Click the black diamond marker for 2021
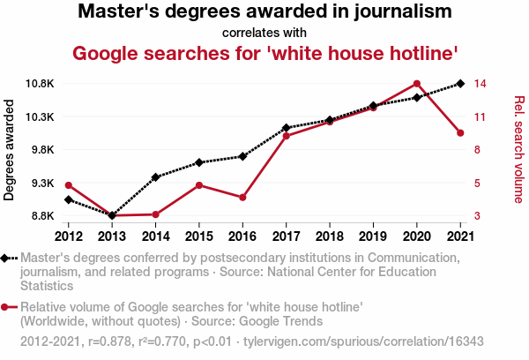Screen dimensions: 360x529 [459, 84]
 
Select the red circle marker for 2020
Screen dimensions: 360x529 [416, 84]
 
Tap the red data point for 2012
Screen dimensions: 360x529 [69, 184]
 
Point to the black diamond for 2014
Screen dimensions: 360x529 [155, 177]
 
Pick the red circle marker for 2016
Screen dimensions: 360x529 [242, 197]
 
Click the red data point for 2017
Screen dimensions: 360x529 [286, 136]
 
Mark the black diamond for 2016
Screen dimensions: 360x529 [242, 156]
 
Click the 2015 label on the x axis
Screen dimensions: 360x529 [199, 236]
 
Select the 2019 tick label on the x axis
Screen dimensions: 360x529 [373, 236]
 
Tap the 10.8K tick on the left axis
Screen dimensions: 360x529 [39, 84]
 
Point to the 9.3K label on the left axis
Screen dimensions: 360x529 [41, 184]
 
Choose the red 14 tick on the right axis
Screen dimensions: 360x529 [481, 84]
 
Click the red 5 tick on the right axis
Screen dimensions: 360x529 [477, 184]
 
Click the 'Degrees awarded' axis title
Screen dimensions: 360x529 [10, 150]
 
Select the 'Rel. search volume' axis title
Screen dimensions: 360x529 [518, 149]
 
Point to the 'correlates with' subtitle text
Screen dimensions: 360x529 [264, 34]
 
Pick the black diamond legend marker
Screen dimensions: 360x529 [5, 259]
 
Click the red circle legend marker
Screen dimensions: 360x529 [5, 307]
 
